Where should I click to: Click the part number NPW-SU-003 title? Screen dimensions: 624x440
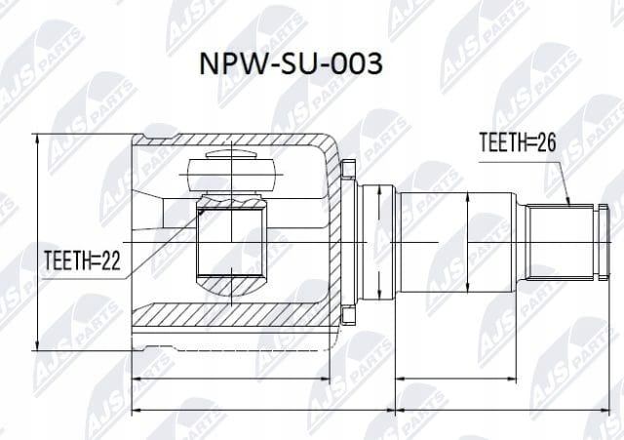(x=291, y=63)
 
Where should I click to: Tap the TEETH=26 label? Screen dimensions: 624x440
(x=518, y=142)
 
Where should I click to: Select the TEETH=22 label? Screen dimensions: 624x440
(x=82, y=260)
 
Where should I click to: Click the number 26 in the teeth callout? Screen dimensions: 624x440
(x=546, y=142)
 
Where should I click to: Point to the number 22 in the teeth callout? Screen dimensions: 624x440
(x=111, y=260)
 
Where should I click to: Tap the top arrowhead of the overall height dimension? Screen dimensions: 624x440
(x=37, y=140)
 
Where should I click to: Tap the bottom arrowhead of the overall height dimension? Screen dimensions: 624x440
(x=37, y=344)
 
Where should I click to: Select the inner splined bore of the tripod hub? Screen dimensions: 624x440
(x=231, y=242)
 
